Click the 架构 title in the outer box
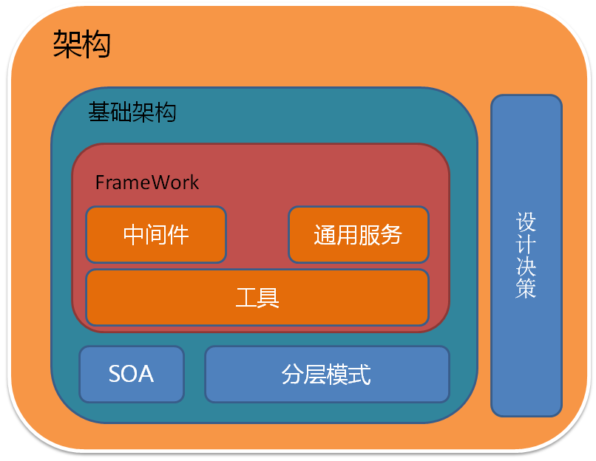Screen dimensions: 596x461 point(81,44)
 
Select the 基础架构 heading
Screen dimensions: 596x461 point(132,112)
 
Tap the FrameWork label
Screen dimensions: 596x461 point(146,182)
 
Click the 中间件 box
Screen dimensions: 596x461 point(156,235)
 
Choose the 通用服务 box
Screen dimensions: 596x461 point(359,235)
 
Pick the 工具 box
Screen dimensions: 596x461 point(257,297)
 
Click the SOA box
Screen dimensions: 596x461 point(132,374)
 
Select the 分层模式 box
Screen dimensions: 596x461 point(327,374)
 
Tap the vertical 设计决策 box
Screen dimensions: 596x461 point(526,256)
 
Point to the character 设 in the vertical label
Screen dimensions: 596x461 point(526,222)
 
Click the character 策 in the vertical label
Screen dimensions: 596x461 point(526,288)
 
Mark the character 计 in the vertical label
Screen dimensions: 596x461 point(526,244)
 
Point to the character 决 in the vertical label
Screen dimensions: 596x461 point(526,266)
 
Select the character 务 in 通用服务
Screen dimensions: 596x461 point(390,234)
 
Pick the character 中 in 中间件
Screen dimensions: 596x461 point(134,235)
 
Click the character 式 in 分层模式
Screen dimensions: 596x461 point(359,375)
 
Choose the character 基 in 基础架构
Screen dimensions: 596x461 point(99,112)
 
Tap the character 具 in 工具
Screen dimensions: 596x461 point(268,297)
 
